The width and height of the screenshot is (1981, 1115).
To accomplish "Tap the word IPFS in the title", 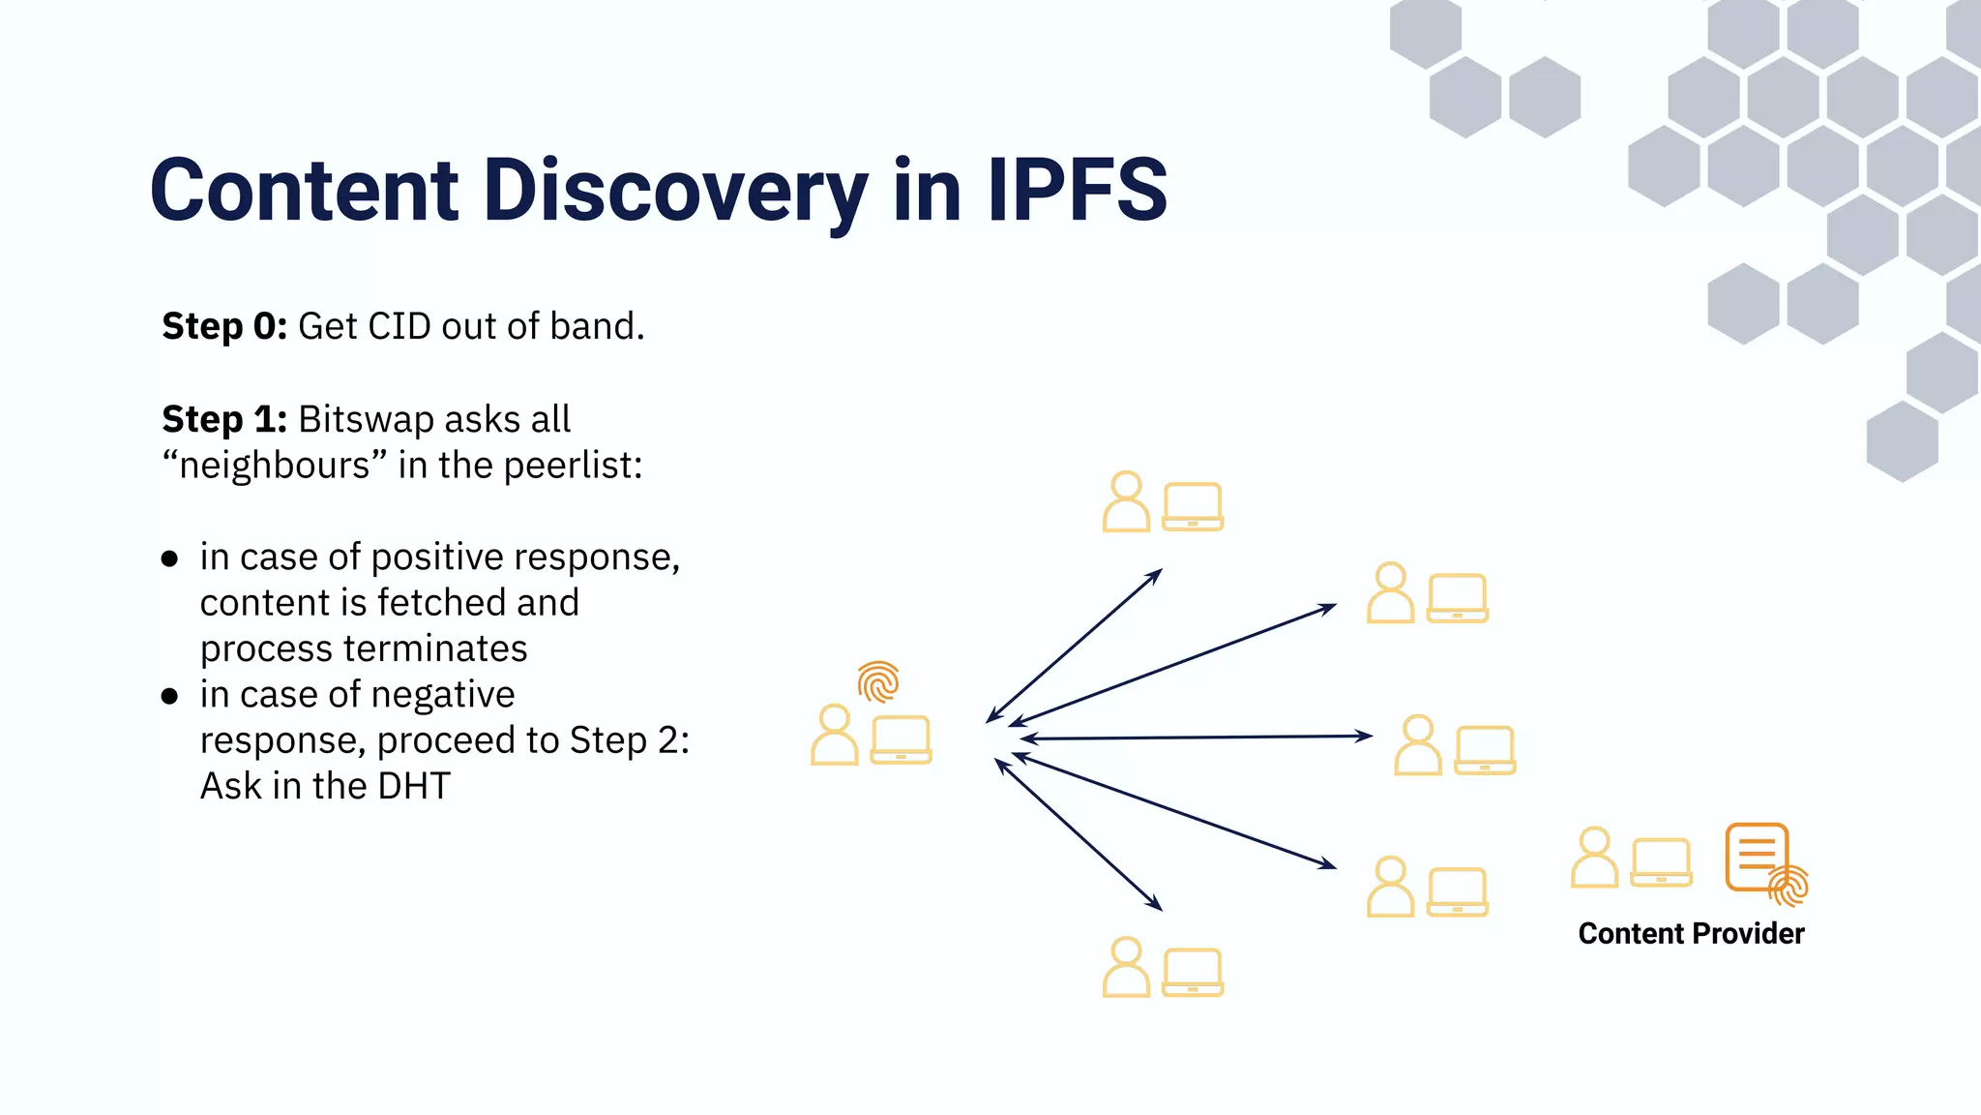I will (1077, 191).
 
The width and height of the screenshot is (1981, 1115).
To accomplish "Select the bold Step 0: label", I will (224, 327).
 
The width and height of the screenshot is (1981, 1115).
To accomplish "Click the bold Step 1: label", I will (224, 420).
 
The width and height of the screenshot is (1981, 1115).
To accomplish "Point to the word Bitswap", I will (367, 420).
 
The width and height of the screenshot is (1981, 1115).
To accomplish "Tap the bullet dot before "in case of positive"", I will (170, 558).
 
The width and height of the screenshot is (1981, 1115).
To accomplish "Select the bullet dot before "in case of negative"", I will (170, 696).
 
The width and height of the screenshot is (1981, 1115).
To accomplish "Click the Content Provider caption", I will (1691, 933).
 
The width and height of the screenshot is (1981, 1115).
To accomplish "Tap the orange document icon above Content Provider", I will (1756, 856).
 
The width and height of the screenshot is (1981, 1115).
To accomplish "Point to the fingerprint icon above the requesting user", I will (878, 681).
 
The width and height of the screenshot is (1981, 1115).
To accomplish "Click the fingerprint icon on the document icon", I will (1789, 886).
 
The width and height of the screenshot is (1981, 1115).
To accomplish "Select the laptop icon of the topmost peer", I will (1192, 506).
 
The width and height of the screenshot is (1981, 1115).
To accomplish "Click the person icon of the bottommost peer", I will (1126, 967).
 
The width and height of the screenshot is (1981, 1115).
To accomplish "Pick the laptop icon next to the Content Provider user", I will (1661, 862).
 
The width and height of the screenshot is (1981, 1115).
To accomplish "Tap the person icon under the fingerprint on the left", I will (834, 736).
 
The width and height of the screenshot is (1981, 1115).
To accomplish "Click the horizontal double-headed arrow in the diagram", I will (1197, 738).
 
